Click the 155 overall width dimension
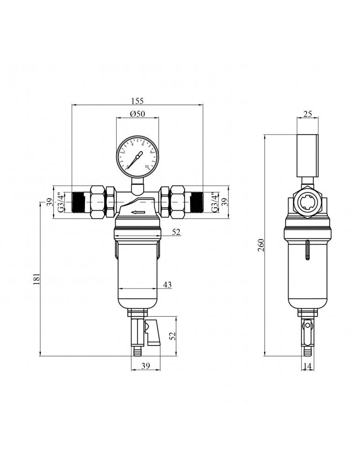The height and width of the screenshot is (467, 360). coord(137,100)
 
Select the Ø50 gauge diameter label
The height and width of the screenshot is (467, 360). coord(137,114)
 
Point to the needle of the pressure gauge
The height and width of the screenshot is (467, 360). coord(135,159)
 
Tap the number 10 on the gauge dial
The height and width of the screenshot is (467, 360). coord(147,166)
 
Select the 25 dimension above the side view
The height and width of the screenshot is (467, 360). coord(307,113)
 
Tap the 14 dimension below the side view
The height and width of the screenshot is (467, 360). coord(307,367)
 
